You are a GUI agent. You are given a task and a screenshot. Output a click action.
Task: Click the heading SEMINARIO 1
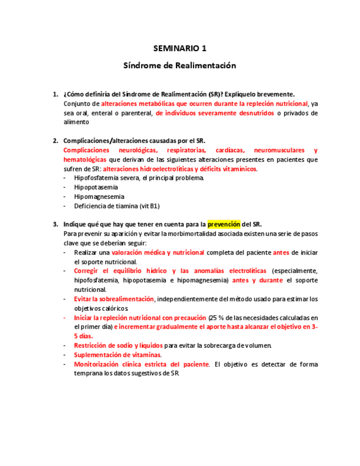coord(180,48)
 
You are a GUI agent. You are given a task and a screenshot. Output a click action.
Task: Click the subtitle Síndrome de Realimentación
coord(180,65)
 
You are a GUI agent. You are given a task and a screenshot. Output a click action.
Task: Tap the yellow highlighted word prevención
coord(224,224)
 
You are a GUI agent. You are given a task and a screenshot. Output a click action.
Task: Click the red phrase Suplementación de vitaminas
coord(117,355)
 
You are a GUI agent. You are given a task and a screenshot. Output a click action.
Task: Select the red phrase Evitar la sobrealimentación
coord(114,299)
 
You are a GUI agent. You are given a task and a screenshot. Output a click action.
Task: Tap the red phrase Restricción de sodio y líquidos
coord(118,346)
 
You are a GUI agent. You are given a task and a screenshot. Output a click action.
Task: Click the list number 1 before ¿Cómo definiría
coord(54,94)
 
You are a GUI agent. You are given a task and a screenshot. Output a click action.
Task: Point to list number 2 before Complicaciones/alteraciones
coord(54,141)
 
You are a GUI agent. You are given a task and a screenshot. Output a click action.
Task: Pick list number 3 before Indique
coord(54,224)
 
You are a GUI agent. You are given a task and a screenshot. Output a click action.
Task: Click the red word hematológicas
coord(85,159)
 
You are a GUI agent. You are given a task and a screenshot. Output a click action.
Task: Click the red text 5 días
coord(84,336)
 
